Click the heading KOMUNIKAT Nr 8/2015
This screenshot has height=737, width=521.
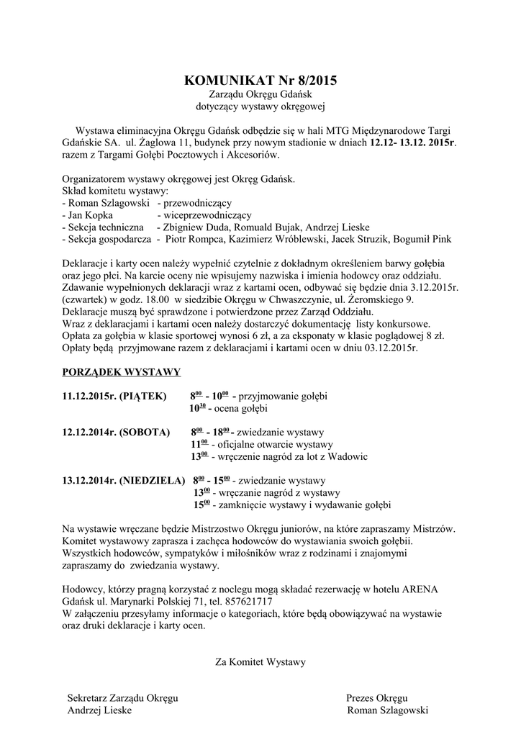coord(260,80)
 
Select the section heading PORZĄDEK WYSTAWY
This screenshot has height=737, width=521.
coord(122,372)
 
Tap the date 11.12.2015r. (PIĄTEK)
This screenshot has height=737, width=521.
coord(114,396)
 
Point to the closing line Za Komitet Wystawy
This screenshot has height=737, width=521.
coord(260,661)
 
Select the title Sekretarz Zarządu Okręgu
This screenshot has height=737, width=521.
coord(122,698)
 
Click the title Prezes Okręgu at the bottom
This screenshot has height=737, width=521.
coord(377,698)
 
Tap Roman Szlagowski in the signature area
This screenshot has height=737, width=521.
coord(387,710)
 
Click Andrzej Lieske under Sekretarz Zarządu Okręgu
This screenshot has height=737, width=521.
coord(99,710)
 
